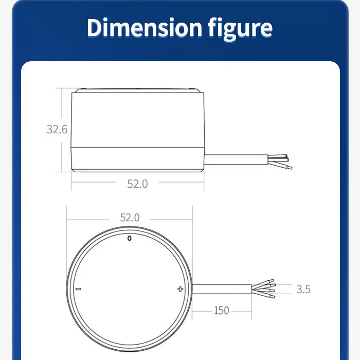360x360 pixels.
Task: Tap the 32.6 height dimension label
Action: [x=57, y=130]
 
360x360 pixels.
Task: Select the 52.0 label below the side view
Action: [x=137, y=184]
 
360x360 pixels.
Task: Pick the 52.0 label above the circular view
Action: [x=130, y=218]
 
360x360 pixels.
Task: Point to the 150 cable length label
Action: [x=221, y=311]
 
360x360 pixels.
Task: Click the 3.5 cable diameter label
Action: [x=303, y=289]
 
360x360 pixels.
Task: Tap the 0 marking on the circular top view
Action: [x=129, y=238]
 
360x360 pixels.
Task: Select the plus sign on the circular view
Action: [x=180, y=289]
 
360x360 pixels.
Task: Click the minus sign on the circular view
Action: [x=78, y=289]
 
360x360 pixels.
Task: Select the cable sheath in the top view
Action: [x=221, y=289]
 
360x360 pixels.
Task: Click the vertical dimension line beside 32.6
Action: [x=62, y=130]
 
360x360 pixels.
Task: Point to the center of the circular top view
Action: [x=129, y=289]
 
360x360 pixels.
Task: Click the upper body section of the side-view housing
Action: [x=137, y=119]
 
